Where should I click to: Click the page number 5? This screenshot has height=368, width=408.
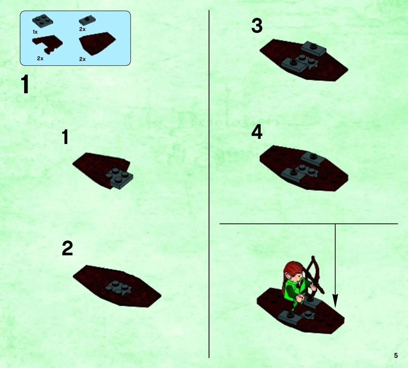pyautogui.click(x=396, y=355)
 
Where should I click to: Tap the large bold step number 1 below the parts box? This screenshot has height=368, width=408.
pyautogui.click(x=25, y=84)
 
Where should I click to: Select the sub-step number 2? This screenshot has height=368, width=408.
pyautogui.click(x=67, y=248)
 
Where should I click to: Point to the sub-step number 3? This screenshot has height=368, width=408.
pyautogui.click(x=257, y=26)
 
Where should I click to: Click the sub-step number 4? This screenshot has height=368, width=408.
pyautogui.click(x=257, y=132)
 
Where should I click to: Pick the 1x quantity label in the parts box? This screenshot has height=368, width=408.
pyautogui.click(x=35, y=32)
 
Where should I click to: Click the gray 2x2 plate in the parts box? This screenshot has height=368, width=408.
pyautogui.click(x=43, y=21)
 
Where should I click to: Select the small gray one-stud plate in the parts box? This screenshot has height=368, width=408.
pyautogui.click(x=87, y=20)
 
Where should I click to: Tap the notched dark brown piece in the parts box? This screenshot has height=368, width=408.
pyautogui.click(x=47, y=43)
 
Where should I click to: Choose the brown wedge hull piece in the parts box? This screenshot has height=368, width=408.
pyautogui.click(x=97, y=43)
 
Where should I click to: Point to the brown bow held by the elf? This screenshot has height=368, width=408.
pyautogui.click(x=314, y=276)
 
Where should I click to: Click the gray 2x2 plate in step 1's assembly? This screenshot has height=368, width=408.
pyautogui.click(x=119, y=178)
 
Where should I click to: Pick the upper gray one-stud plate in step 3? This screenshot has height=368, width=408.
pyautogui.click(x=313, y=48)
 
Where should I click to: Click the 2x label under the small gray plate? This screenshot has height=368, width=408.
pyautogui.click(x=82, y=29)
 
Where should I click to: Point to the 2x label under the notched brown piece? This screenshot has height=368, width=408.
pyautogui.click(x=40, y=59)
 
